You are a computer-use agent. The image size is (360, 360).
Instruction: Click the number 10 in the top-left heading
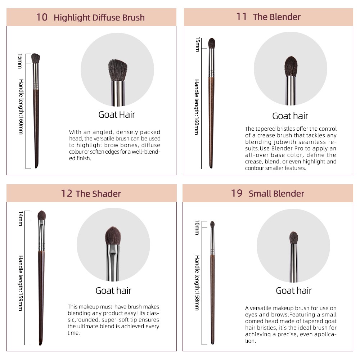point(42,17)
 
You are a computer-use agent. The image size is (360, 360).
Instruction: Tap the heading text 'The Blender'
point(276,17)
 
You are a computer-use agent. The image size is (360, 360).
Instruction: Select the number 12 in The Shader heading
point(67,194)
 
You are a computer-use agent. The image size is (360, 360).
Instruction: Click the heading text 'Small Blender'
point(276,194)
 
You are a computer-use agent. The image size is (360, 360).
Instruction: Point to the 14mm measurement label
point(21,219)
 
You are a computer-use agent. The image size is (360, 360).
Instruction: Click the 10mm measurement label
point(197,227)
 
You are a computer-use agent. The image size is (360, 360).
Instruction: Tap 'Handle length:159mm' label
point(21,283)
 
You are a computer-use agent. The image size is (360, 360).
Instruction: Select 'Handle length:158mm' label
point(197,283)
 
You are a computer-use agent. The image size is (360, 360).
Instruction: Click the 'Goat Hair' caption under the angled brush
point(117,114)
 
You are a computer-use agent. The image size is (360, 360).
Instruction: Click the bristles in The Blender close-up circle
point(291,67)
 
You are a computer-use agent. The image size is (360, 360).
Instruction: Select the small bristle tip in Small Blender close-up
point(294,238)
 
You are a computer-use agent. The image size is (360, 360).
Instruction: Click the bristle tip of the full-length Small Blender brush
point(212,225)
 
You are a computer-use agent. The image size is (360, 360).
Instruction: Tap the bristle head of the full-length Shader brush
point(42,215)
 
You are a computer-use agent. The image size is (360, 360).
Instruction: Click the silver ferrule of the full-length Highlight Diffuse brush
point(36,76)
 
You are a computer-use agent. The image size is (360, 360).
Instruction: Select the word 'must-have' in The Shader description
point(115,307)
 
